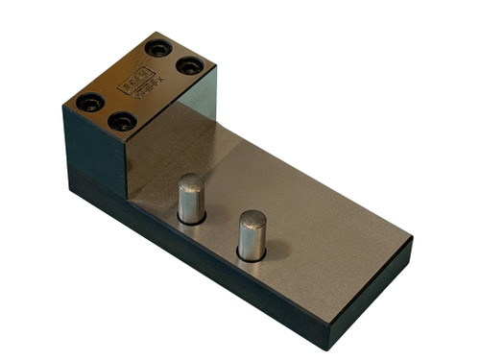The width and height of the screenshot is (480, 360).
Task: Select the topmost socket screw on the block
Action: coord(156,48)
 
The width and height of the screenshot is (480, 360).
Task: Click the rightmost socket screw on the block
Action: coord(190,66)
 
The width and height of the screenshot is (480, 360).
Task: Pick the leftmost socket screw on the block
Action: coord(89,101)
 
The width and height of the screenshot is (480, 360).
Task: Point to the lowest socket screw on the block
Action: coord(122,122)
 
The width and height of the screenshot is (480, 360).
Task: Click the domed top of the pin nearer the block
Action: coord(190,180)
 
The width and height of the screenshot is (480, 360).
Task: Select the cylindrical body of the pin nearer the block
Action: coord(190,202)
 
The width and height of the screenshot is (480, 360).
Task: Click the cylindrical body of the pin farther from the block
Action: coord(252,240)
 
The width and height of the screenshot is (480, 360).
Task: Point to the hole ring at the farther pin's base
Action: coord(252,257)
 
